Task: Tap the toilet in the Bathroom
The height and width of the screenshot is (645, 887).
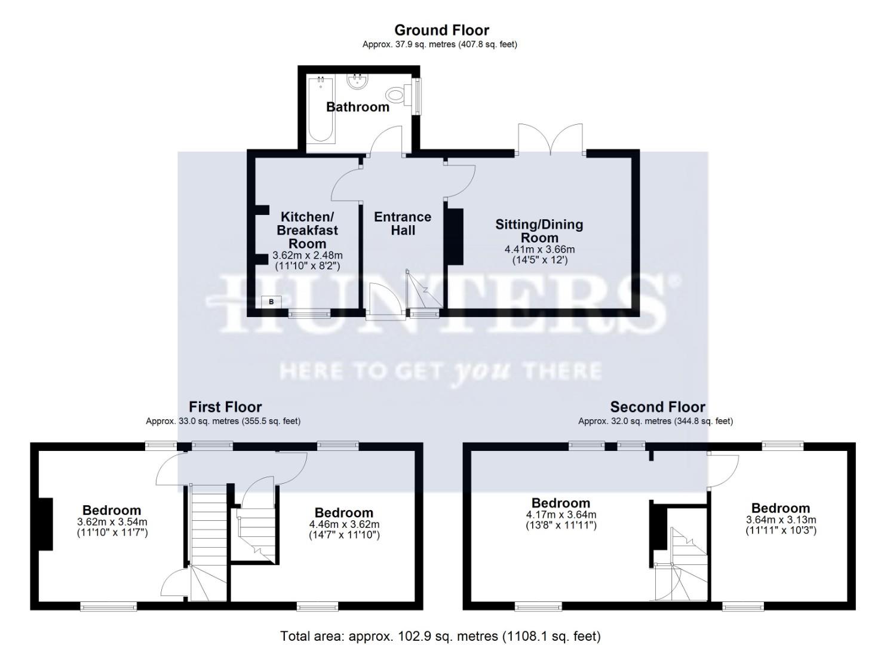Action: click(x=396, y=94)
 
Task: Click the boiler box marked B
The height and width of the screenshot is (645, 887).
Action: click(x=271, y=302)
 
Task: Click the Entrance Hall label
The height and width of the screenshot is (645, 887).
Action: click(x=403, y=223)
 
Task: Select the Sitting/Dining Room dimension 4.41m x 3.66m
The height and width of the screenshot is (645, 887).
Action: click(x=539, y=250)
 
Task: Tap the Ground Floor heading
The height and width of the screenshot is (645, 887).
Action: click(x=441, y=30)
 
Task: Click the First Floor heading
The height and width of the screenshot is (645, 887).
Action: click(x=225, y=407)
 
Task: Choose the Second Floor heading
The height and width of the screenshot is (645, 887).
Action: click(x=658, y=407)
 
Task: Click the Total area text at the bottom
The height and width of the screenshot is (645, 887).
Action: click(x=440, y=636)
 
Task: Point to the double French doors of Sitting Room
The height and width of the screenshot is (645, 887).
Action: click(x=550, y=140)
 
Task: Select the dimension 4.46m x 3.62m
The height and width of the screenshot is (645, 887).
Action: click(x=343, y=525)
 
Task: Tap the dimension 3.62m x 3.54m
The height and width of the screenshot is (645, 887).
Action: click(x=112, y=522)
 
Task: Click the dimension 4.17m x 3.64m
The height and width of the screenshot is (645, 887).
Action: click(x=560, y=515)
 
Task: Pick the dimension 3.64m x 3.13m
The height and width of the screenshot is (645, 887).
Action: click(x=780, y=520)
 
